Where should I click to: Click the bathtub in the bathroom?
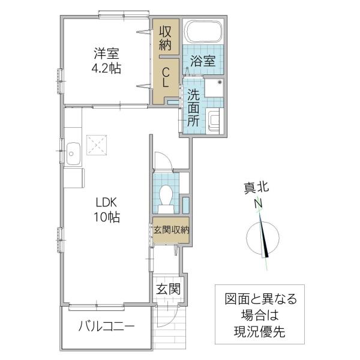coord(203,32)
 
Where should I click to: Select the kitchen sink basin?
coord(73,154)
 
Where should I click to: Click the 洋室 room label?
coord(106,53)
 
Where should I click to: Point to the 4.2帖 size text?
coord(106,68)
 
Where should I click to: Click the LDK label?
coord(106,203)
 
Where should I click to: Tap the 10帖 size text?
coord(106,217)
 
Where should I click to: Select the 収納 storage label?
coord(166,38)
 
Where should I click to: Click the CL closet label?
coord(166,78)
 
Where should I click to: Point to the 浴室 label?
coord(203,61)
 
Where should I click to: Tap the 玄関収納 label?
coord(171,230)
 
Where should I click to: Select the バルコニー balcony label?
coord(106,326)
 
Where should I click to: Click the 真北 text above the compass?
coord(256,188)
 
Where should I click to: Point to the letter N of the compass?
coord(258,203)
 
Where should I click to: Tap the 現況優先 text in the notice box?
coord(260,331)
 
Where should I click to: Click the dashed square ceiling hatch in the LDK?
coord(97,145)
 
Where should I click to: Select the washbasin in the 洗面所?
coord(213,121)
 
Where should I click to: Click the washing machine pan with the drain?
coord(214,88)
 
